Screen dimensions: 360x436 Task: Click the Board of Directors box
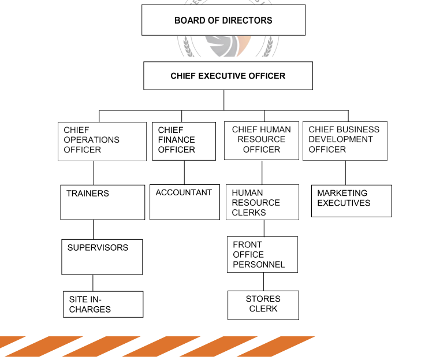pos(223,20)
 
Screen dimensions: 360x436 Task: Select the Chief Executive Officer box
pos(228,76)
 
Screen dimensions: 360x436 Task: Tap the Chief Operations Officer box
pos(102,141)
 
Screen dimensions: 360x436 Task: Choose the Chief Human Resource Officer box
pos(262,140)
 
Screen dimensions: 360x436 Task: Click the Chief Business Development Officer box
pos(345,140)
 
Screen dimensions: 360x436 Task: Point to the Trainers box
pos(102,202)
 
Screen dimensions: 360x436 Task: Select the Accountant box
pos(184,202)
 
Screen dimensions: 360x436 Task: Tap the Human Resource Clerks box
pos(262,202)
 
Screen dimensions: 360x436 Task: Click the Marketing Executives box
pos(351,201)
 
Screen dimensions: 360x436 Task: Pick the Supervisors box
pos(102,257)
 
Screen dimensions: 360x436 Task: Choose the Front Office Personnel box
pos(263,254)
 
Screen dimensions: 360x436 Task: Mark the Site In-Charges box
pos(103,304)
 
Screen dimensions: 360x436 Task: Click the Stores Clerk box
pos(263,305)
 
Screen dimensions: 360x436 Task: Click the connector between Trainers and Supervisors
pos(93,229)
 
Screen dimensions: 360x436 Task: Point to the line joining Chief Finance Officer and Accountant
pos(184,172)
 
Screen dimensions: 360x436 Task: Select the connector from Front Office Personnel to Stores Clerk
pos(264,281)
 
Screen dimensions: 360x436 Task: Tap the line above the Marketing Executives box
pos(345,172)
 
